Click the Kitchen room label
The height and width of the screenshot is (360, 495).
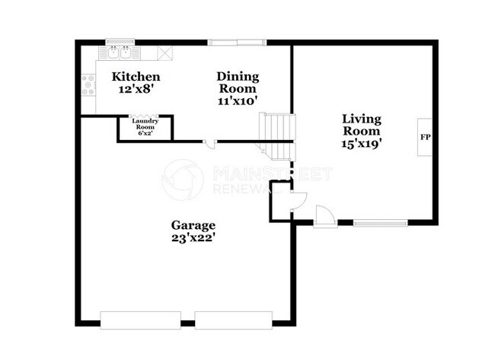coord(136,77)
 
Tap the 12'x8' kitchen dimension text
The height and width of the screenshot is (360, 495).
coord(136,89)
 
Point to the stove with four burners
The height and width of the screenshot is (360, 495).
coord(88,84)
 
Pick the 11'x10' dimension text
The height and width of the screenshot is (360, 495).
coord(238,100)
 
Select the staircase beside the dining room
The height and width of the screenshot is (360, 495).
coord(276,134)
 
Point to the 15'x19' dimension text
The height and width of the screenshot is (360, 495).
coord(362,142)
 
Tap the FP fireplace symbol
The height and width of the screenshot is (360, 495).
coord(425,139)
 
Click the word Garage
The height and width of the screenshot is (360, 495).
coord(193,225)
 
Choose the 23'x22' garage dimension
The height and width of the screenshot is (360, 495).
coord(193,237)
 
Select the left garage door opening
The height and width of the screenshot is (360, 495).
coord(141,319)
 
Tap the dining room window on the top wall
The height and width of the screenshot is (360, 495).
coord(237,42)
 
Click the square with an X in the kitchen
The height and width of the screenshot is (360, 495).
coord(165,53)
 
